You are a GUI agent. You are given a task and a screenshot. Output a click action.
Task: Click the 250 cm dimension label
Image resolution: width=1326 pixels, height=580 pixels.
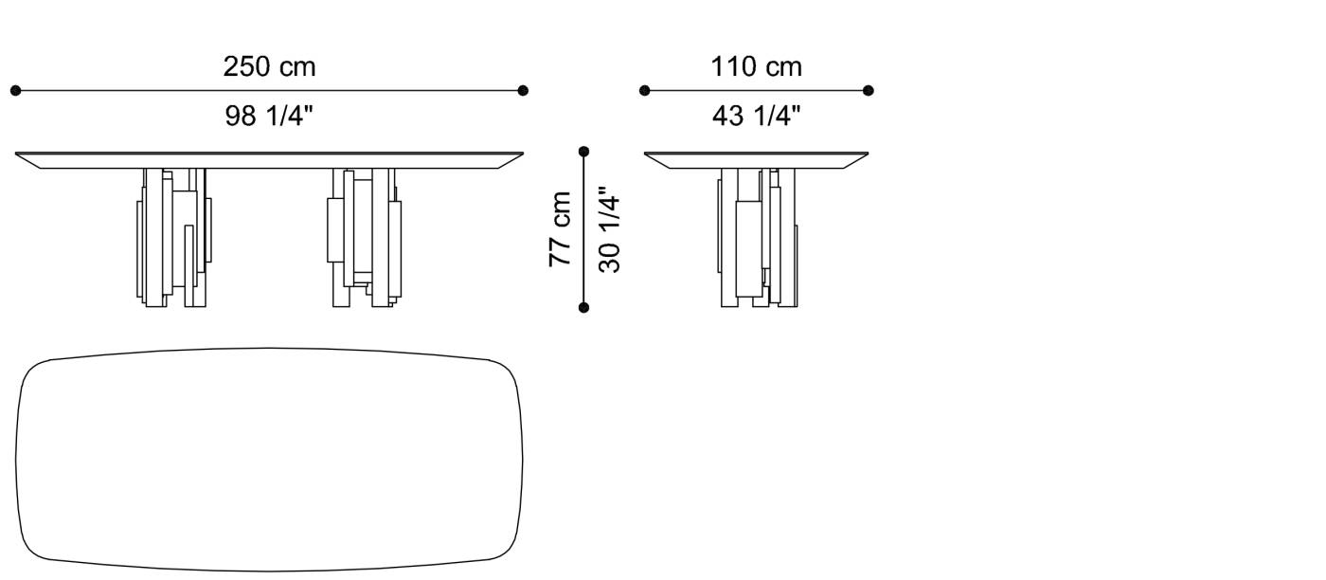pyautogui.click(x=269, y=67)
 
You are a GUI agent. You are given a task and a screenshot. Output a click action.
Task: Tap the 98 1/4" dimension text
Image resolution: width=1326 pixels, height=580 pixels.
pyautogui.click(x=269, y=117)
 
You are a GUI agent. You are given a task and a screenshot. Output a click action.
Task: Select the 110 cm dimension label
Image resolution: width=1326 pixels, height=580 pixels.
pyautogui.click(x=756, y=67)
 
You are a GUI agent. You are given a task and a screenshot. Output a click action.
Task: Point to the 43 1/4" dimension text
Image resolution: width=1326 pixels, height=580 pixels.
pyautogui.click(x=756, y=117)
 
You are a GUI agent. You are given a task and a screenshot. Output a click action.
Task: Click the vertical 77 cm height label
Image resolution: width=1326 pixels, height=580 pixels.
pyautogui.click(x=561, y=228)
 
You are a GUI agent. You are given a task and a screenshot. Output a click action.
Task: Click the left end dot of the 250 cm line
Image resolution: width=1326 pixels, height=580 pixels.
pyautogui.click(x=15, y=91)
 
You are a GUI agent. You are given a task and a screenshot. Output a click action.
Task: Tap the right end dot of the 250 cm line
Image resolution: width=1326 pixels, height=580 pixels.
pyautogui.click(x=523, y=91)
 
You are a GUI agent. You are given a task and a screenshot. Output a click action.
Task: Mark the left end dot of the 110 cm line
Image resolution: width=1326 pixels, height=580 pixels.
pyautogui.click(x=644, y=91)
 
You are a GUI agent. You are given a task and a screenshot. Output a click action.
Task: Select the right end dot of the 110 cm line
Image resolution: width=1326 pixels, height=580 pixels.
pyautogui.click(x=869, y=91)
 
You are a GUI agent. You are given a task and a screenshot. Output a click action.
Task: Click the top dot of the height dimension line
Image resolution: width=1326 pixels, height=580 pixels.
pyautogui.click(x=583, y=151)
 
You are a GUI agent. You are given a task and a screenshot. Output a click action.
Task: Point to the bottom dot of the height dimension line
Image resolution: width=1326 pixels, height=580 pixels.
pyautogui.click(x=583, y=307)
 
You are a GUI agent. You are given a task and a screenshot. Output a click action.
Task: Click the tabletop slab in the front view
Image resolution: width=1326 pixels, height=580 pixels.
pyautogui.click(x=269, y=159)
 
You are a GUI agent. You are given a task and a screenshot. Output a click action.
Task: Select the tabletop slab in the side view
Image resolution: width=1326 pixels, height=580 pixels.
pyautogui.click(x=756, y=159)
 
